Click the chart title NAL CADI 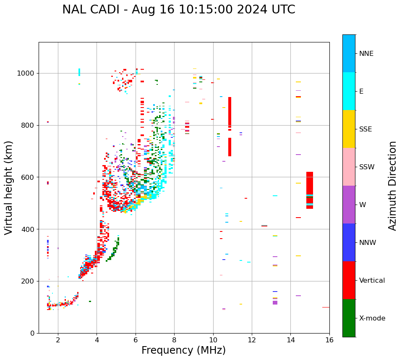[178, 10]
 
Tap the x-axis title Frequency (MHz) [183, 350]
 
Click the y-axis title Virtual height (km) [9, 187]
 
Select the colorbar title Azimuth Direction [392, 186]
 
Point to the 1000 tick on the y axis [27, 73]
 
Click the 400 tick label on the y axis [29, 229]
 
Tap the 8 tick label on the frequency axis [174, 339]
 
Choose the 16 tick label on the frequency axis [329, 339]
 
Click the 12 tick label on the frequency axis [252, 339]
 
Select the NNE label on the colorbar [366, 54]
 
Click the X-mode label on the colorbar [372, 318]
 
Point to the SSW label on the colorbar [367, 167]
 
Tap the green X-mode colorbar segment [349, 318]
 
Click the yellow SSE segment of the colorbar [349, 129]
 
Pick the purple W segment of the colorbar [349, 205]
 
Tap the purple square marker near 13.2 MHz [275, 302]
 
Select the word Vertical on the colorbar [372, 281]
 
